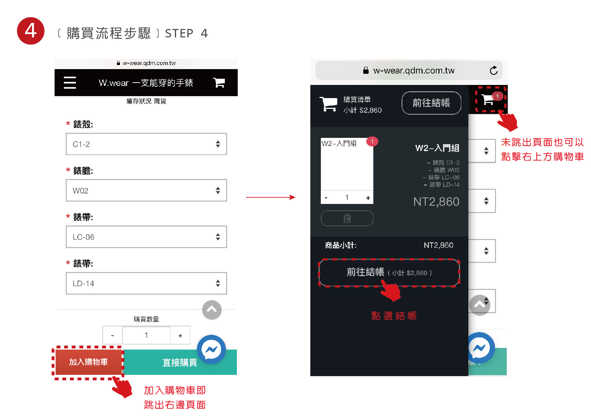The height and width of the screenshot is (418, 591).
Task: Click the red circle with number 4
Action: click(x=31, y=31)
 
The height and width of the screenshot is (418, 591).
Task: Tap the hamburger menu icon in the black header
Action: click(x=70, y=83)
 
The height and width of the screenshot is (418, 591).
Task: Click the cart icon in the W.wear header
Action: click(x=219, y=82)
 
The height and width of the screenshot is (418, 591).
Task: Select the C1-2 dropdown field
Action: click(x=146, y=144)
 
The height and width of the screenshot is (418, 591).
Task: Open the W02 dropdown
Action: click(x=146, y=190)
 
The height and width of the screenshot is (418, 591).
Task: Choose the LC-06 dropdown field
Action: click(x=146, y=237)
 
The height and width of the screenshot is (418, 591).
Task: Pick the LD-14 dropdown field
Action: click(x=146, y=283)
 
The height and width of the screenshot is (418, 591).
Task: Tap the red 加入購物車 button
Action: click(x=89, y=362)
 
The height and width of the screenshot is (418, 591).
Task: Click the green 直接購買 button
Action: click(x=180, y=362)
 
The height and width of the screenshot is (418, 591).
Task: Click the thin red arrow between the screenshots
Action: click(x=271, y=197)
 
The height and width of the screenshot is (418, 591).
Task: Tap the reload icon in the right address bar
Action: click(x=494, y=70)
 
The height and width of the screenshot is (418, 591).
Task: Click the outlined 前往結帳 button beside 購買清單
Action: click(x=431, y=103)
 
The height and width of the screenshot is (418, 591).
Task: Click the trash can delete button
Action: click(x=347, y=218)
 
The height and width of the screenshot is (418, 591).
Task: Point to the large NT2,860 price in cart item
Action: click(x=436, y=202)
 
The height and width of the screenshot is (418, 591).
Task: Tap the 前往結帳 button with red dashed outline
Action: click(x=389, y=272)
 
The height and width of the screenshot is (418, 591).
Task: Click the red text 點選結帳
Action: click(x=394, y=316)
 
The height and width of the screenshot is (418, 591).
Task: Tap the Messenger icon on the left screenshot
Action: click(x=211, y=350)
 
